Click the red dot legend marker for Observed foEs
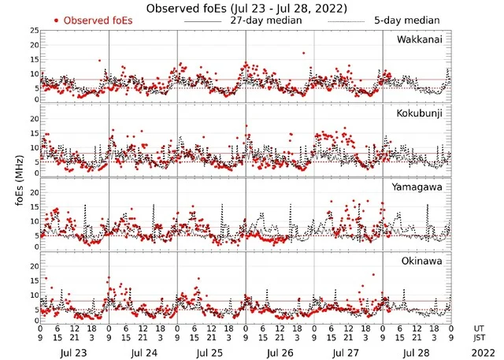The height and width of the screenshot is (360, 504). (57, 20)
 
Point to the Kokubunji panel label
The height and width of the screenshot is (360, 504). (420, 113)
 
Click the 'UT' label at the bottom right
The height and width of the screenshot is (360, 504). (479, 327)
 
